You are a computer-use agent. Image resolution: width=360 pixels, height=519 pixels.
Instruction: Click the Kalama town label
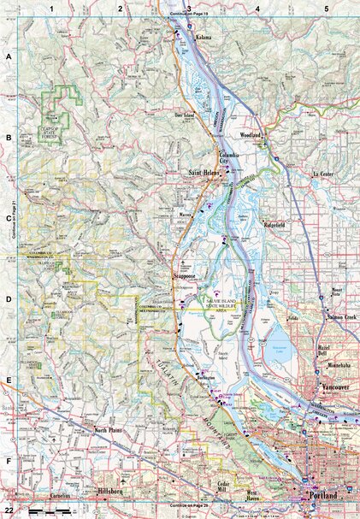tap(204, 38)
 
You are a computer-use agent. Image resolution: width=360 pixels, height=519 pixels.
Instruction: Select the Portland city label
tap(320, 496)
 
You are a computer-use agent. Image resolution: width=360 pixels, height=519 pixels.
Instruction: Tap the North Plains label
tap(110, 430)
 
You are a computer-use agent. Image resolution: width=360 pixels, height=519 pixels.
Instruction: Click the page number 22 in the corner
tap(9, 509)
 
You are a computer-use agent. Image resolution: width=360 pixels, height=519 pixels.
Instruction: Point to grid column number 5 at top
tap(326, 9)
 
